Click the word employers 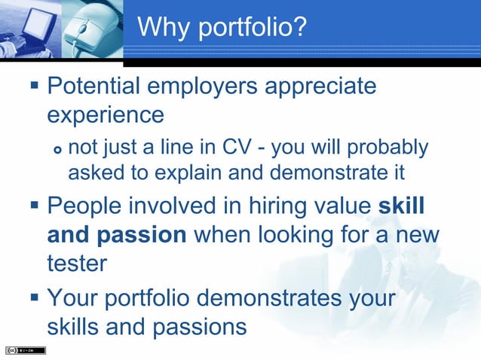click(x=207, y=86)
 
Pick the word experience click(x=105, y=115)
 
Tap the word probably click(x=390, y=146)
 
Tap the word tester click(x=76, y=264)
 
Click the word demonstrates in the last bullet click(x=261, y=297)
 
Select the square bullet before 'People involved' click(x=32, y=206)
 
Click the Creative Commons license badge click(x=25, y=350)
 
